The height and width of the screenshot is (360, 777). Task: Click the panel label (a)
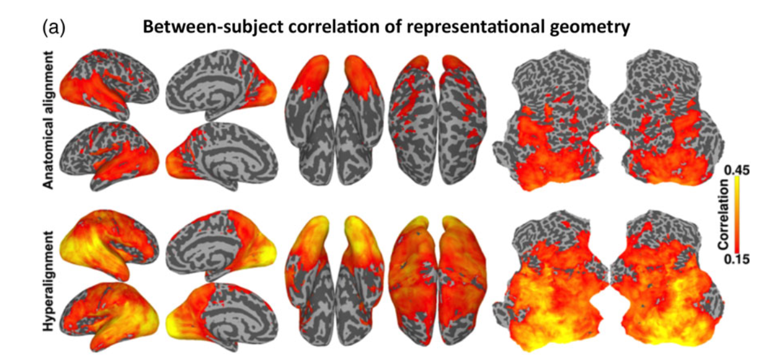coord(54,28)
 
